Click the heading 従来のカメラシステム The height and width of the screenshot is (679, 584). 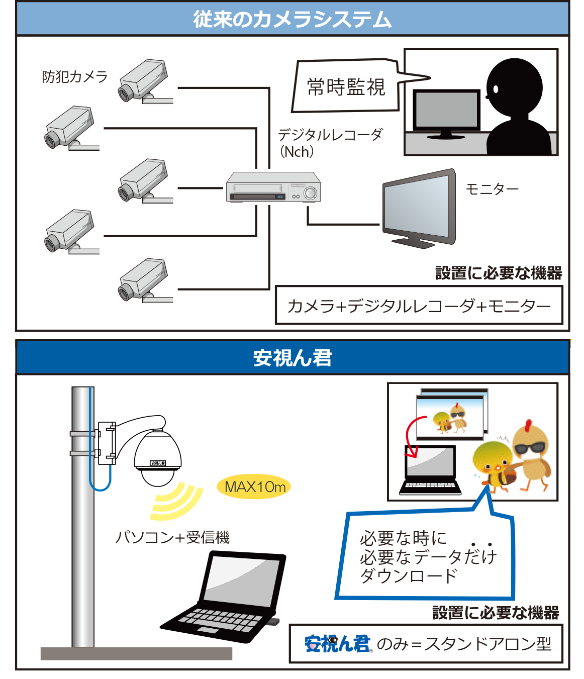[x=292, y=19]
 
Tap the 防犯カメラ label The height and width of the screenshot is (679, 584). [x=75, y=77]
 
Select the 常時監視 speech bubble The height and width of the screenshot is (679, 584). [x=346, y=87]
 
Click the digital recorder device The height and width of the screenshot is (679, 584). [x=273, y=187]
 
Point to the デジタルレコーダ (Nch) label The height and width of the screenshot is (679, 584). [x=330, y=143]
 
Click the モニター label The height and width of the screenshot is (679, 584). [x=492, y=189]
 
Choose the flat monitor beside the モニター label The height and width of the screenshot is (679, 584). [x=419, y=209]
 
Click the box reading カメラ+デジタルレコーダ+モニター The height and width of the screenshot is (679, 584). [x=419, y=306]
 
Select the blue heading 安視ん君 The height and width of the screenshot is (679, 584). [x=292, y=358]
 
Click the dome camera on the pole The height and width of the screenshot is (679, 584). [x=157, y=457]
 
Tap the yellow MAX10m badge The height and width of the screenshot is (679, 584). [x=254, y=487]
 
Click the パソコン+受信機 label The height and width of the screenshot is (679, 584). [x=172, y=538]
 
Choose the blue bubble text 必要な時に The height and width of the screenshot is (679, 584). [x=403, y=538]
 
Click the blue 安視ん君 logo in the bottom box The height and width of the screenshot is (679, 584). [x=337, y=644]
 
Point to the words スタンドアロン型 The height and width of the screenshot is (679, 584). [x=488, y=644]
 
